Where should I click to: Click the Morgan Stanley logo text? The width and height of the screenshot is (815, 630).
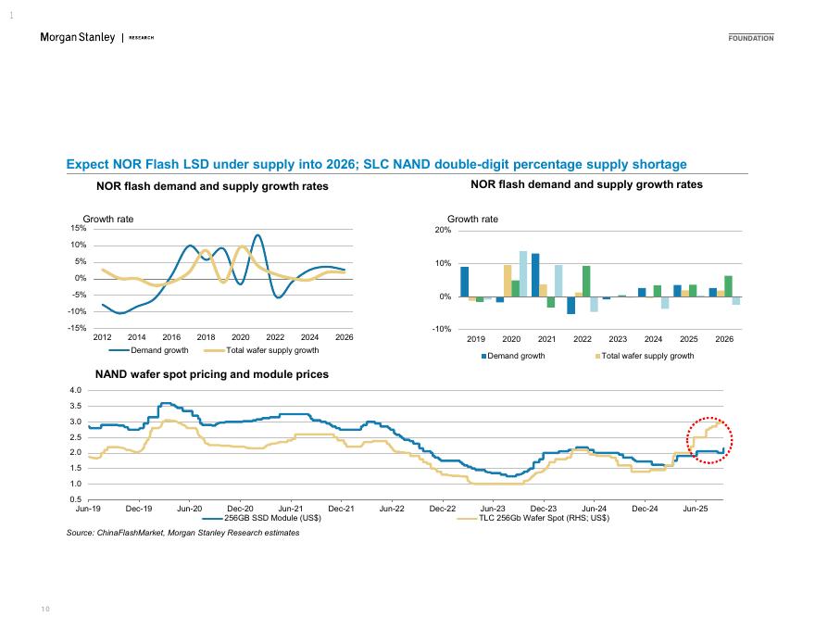point(78,37)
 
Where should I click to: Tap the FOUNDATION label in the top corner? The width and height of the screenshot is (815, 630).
point(750,38)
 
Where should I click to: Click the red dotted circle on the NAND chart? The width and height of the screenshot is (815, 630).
point(708,439)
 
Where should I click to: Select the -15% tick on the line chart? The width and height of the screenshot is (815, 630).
point(78,328)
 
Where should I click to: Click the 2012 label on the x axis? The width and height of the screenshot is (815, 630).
point(102,337)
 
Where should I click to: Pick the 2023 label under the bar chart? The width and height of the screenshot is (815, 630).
point(618,339)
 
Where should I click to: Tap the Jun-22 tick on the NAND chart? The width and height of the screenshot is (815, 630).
point(392,508)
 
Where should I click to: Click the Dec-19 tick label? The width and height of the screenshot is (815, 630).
point(139,508)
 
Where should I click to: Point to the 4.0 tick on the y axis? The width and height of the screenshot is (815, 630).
point(75,390)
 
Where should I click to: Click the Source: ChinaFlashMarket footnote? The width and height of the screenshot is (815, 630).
point(182,533)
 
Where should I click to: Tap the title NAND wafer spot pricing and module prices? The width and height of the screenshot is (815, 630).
point(212,374)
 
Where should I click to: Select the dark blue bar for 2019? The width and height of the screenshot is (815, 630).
point(464,282)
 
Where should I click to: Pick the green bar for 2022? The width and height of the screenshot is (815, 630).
point(586,281)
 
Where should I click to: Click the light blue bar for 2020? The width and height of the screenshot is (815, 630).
point(523,273)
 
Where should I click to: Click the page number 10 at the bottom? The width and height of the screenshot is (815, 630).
point(44,608)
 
